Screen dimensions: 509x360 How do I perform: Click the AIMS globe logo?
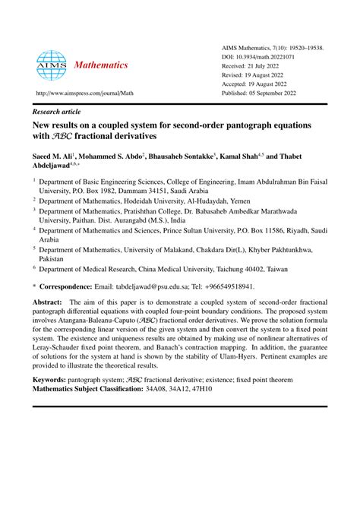click(52, 65)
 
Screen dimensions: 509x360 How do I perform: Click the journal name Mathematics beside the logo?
click(101, 65)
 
